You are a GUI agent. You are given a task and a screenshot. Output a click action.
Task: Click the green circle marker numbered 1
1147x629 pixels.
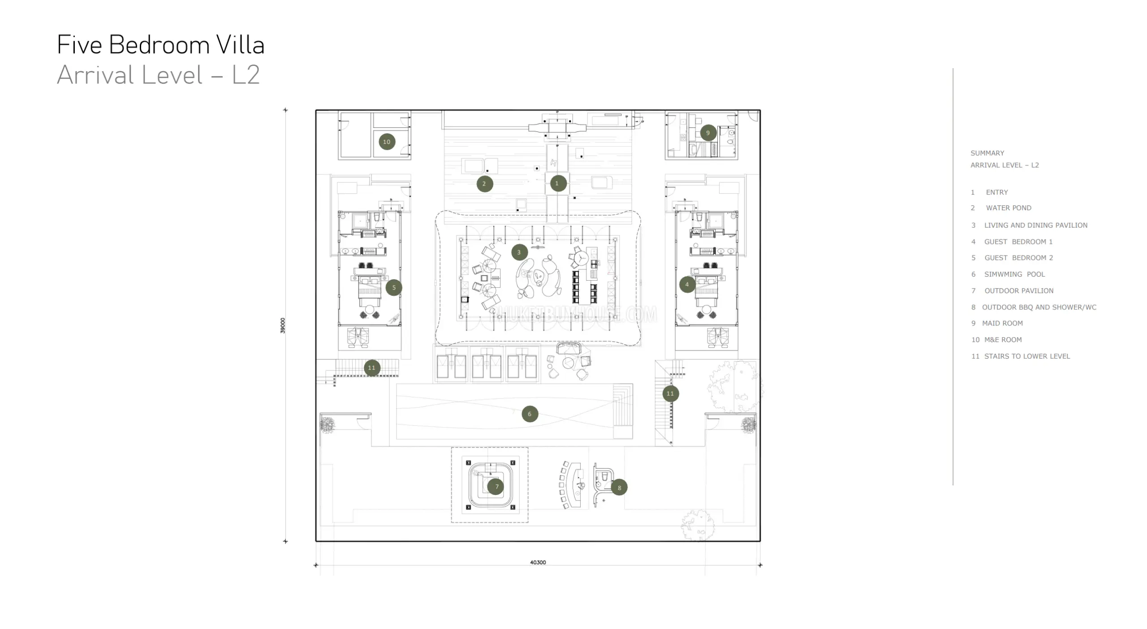(557, 183)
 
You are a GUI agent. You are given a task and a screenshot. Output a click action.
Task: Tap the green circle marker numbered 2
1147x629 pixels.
(484, 184)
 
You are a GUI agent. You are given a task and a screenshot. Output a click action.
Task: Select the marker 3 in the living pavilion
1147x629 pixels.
(519, 252)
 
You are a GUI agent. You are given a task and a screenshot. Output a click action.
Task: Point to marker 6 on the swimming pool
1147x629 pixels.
(530, 414)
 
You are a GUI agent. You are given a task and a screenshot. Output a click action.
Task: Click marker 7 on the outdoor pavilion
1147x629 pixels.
(496, 487)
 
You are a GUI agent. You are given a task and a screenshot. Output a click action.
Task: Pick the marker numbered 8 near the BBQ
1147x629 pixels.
(619, 488)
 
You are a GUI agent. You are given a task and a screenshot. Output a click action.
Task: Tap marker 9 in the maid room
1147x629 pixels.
(708, 133)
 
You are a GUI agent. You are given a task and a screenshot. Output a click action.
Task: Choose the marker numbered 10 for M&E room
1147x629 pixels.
(387, 142)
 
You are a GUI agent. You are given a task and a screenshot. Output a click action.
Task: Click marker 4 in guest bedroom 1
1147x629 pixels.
(687, 284)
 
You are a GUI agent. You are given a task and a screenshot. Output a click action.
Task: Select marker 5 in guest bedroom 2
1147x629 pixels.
(394, 288)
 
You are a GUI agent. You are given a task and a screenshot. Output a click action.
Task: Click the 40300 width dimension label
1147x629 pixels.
(538, 563)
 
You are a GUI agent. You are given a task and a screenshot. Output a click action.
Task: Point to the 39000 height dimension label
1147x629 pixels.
(283, 325)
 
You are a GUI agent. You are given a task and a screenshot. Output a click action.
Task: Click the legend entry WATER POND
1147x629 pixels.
(1009, 208)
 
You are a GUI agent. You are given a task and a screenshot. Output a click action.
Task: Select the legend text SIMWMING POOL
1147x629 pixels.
(1014, 274)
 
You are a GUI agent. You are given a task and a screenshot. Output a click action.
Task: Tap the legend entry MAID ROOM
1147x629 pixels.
(1002, 323)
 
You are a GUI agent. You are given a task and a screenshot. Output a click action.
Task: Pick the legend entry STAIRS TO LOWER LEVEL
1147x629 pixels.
(1027, 356)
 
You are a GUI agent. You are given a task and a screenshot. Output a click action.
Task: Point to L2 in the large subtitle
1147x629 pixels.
(246, 75)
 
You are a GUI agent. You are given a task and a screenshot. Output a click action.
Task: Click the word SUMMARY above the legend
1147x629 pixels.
(987, 153)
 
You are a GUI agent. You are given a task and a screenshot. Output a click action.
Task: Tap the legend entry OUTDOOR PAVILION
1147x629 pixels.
(1019, 291)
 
